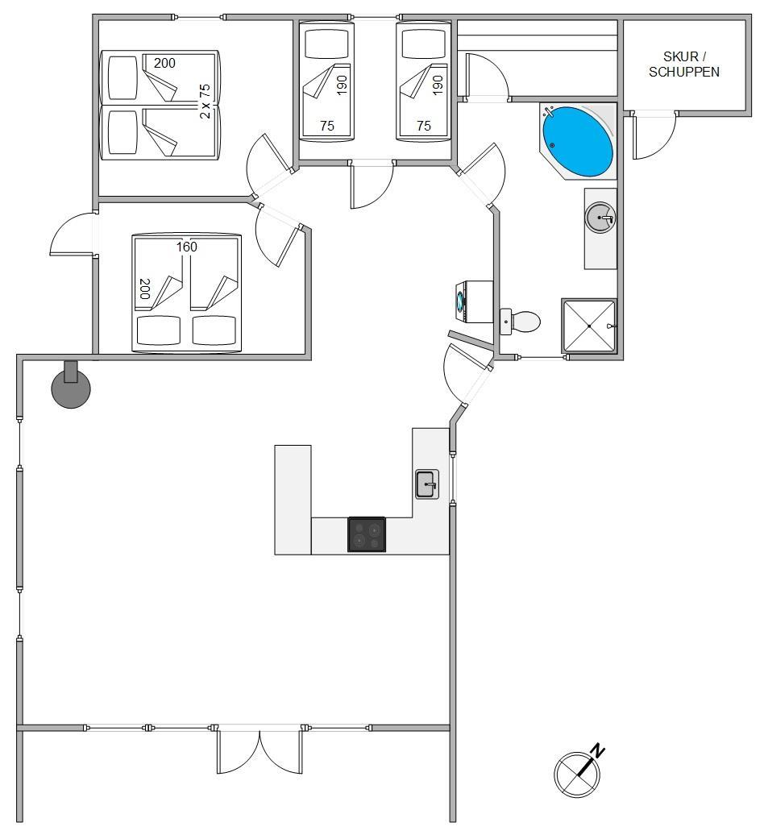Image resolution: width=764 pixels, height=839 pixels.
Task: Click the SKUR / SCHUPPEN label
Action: (x=684, y=64)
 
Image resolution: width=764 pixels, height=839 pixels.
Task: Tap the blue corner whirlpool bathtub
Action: (x=577, y=141)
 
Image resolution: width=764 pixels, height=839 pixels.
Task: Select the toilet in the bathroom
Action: (x=521, y=322)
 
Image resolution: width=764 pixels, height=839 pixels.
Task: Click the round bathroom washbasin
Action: (x=600, y=218)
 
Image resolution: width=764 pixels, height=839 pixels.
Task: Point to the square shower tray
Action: (x=589, y=326)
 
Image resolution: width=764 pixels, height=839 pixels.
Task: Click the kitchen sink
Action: (x=427, y=484)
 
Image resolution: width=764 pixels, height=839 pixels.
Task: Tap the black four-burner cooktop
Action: (x=367, y=534)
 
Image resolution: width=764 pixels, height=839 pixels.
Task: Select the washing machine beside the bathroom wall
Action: (x=474, y=302)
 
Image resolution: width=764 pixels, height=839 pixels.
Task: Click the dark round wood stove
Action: (x=71, y=386)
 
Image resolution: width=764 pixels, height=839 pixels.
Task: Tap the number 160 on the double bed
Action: (x=187, y=247)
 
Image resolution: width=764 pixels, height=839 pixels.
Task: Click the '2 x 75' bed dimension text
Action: (x=205, y=101)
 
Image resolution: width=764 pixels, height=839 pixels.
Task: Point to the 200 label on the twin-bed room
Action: (x=164, y=63)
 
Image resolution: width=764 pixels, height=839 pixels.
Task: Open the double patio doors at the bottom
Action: (x=260, y=750)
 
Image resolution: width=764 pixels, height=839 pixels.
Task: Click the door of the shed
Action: (x=654, y=135)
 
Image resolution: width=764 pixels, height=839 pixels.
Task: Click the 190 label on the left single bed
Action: (x=342, y=85)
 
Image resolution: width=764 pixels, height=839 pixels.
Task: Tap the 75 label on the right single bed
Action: (x=424, y=126)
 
